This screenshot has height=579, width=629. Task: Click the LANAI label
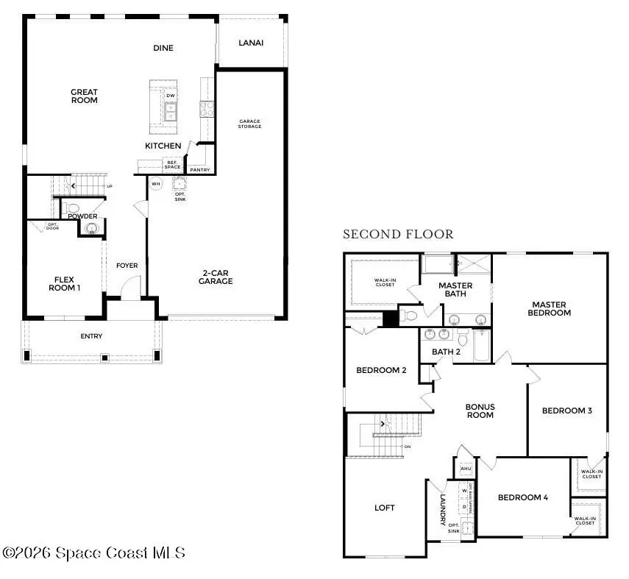251,43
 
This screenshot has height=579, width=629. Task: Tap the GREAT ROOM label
84,96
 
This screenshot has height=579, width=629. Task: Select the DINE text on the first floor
163,49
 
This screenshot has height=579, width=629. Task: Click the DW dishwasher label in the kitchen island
171,96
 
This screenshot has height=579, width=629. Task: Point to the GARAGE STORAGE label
249,124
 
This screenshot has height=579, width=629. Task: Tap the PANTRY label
199,170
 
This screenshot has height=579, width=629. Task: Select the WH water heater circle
156,184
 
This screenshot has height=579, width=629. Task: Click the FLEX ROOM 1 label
65,283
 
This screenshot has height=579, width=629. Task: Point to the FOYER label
127,266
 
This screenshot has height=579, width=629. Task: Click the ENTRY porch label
91,336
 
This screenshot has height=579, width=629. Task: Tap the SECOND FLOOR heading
398,235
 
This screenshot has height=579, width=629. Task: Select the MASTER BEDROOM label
551,308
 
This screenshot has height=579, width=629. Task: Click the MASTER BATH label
455,290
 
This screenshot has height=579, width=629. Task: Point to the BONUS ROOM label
480,411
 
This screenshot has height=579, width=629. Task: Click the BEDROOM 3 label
567,411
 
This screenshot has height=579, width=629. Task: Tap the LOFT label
385,508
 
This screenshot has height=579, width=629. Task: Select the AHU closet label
465,468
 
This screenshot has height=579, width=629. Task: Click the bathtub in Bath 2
482,346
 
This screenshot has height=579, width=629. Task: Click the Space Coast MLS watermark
94,553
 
